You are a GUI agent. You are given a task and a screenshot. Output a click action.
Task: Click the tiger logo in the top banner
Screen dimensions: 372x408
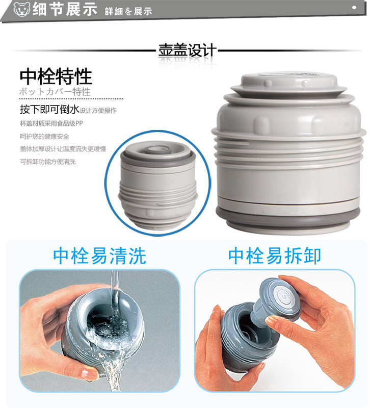pyautogui.click(x=21, y=9)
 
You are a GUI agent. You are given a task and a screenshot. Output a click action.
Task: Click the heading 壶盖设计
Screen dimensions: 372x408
pyautogui.click(x=187, y=50)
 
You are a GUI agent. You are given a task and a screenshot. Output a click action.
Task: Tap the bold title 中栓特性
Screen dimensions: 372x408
pyautogui.click(x=56, y=76)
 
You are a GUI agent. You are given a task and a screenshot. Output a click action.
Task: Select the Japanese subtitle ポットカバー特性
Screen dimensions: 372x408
pyautogui.click(x=55, y=92)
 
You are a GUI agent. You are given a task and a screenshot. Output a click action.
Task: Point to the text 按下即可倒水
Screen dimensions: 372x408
pyautogui.click(x=49, y=109)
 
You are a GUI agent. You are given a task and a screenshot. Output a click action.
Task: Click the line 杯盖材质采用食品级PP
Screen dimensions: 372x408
pyautogui.click(x=51, y=123)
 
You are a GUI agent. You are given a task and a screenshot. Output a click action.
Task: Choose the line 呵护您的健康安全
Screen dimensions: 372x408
pyautogui.click(x=44, y=136)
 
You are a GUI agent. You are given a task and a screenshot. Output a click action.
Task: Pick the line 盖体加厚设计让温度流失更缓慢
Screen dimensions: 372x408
pyautogui.click(x=63, y=149)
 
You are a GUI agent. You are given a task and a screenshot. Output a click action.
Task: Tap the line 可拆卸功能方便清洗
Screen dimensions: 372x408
pyautogui.click(x=47, y=162)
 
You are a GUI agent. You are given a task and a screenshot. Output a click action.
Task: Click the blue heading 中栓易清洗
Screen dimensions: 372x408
pyautogui.click(x=99, y=256)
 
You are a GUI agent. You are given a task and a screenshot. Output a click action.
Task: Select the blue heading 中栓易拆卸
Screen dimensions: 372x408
pyautogui.click(x=275, y=256)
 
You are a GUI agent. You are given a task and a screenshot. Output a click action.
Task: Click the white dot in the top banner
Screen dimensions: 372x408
pyautogui.click(x=354, y=8)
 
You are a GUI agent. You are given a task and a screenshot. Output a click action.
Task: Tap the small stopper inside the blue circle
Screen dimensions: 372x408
pyautogui.click(x=158, y=185)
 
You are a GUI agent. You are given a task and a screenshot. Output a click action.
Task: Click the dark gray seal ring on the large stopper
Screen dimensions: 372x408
pyautogui.click(x=288, y=215)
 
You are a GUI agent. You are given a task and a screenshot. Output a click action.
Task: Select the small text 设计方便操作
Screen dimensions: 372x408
pyautogui.click(x=98, y=111)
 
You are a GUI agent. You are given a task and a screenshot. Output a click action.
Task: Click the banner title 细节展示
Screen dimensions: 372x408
pyautogui.click(x=65, y=9)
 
